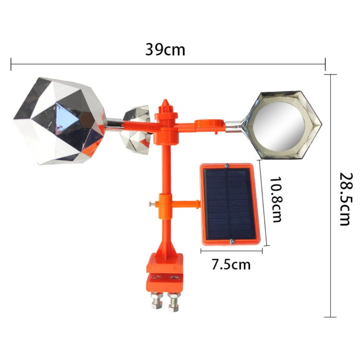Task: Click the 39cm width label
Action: (165, 50)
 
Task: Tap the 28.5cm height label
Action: (345, 199)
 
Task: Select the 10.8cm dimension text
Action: (275, 199)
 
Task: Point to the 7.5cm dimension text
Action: (231, 265)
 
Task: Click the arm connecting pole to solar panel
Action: (186, 204)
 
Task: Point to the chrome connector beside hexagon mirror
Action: (234, 126)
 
